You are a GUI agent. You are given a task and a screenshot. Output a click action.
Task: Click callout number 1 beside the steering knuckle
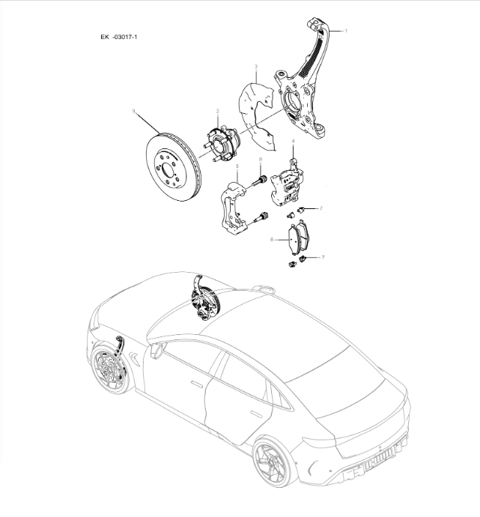(x=346, y=31)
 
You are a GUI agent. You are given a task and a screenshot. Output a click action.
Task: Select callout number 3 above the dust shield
(x=255, y=67)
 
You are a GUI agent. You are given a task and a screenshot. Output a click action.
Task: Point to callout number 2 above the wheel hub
(x=218, y=111)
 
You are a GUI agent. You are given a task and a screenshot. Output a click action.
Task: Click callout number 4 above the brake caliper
(x=293, y=142)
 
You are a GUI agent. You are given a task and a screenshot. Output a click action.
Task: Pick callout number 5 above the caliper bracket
(x=237, y=166)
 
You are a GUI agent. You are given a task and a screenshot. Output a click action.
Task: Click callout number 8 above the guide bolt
(x=260, y=160)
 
